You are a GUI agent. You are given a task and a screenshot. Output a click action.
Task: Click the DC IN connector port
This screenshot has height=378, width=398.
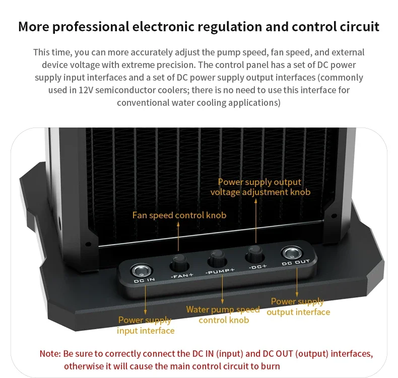141,270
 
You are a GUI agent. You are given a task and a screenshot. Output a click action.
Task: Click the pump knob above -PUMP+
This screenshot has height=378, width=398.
218,260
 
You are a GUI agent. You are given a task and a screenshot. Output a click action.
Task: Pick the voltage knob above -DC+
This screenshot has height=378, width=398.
253,254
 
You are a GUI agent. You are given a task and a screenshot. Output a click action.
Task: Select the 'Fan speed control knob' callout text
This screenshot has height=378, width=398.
179,215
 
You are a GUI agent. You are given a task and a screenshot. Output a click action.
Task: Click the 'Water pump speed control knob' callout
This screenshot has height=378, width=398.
223,314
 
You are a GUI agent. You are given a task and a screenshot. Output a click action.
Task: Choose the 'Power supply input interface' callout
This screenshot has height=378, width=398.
145,326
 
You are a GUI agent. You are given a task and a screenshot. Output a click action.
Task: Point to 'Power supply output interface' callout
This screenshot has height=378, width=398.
298,307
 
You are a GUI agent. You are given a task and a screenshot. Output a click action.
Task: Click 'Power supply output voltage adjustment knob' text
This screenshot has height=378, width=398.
260,187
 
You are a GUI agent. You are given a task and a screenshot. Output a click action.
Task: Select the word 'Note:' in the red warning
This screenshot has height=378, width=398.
50,354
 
